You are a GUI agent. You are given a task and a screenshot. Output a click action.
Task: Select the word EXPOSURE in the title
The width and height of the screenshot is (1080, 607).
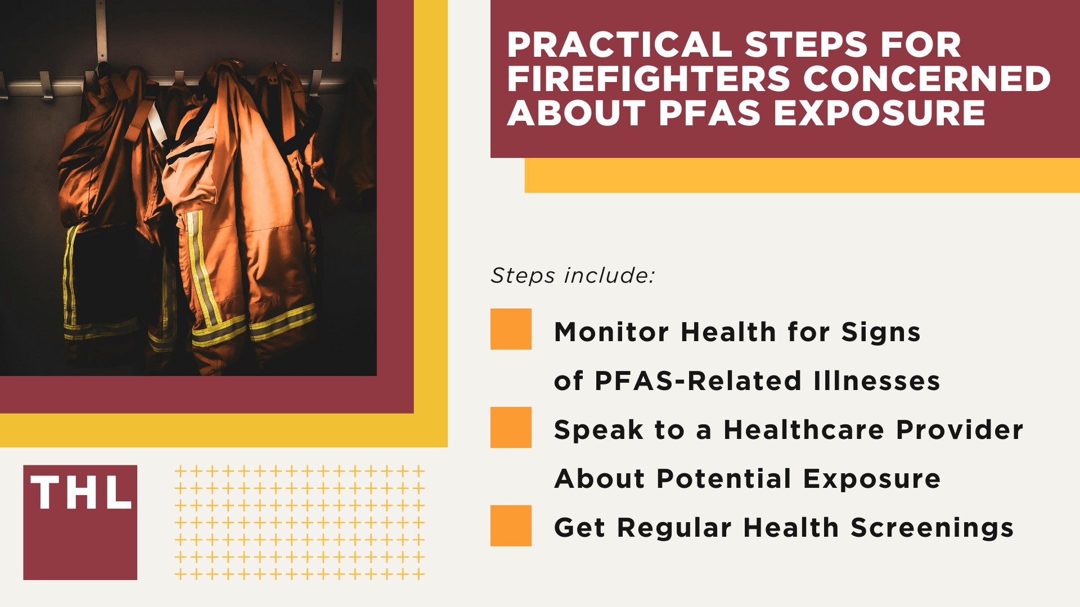click(x=879, y=113)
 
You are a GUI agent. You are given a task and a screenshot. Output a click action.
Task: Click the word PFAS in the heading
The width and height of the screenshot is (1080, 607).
click(x=710, y=113)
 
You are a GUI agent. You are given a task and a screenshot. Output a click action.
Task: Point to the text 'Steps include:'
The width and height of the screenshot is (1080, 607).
click(x=573, y=275)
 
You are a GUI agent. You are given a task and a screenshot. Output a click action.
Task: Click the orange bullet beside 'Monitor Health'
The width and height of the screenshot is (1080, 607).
click(x=511, y=329)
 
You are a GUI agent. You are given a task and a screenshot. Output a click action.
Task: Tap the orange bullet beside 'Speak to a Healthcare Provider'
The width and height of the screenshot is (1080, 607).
click(x=511, y=427)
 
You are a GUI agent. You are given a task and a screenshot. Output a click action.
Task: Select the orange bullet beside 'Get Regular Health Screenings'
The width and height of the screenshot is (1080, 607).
click(x=511, y=526)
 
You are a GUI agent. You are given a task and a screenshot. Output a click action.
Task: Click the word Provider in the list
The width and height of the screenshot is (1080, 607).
click(x=960, y=430)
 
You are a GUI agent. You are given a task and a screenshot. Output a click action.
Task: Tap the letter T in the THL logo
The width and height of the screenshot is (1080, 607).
click(x=45, y=493)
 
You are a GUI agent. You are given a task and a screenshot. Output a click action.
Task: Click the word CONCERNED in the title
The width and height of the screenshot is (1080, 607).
click(x=926, y=79)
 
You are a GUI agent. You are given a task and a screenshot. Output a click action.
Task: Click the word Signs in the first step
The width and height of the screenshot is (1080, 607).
click(x=881, y=332)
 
